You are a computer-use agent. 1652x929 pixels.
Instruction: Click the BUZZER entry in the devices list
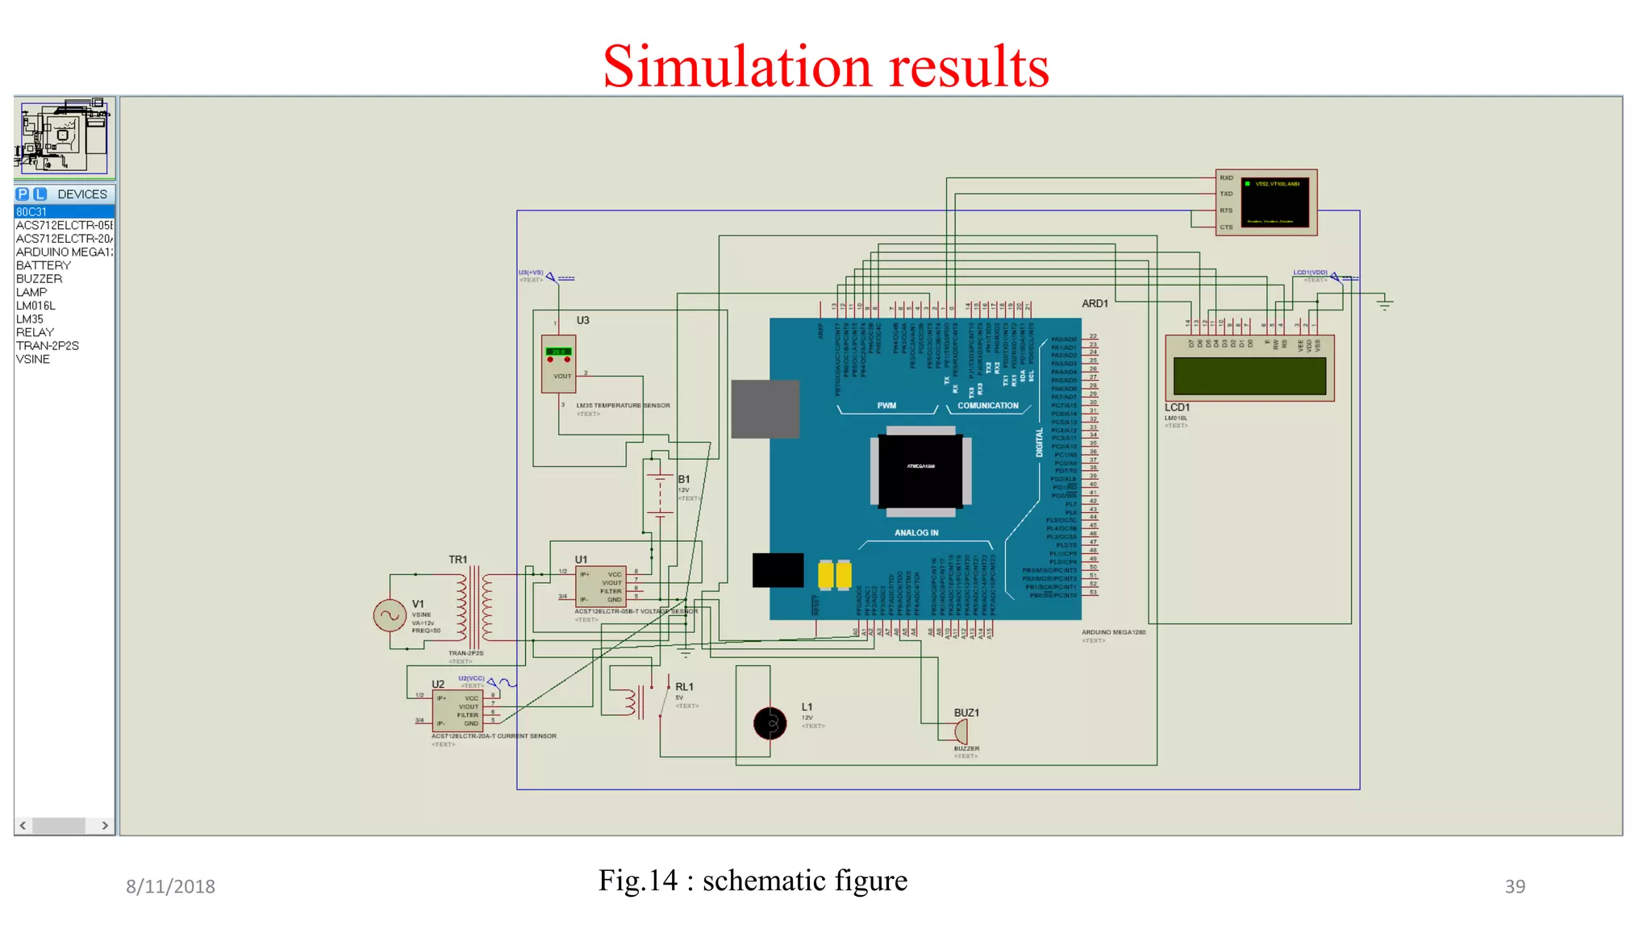click(39, 279)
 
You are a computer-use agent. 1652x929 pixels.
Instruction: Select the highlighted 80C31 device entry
click(32, 212)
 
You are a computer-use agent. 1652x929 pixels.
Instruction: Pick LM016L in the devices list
click(35, 306)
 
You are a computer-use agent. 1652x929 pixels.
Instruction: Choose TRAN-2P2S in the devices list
click(48, 346)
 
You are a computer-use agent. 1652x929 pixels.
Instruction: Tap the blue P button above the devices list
click(23, 194)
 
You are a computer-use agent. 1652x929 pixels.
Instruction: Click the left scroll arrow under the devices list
click(23, 825)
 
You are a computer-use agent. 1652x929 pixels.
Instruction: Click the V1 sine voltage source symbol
click(390, 615)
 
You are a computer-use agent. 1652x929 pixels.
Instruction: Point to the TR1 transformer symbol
click(474, 606)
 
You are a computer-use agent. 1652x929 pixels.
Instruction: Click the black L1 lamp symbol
click(770, 723)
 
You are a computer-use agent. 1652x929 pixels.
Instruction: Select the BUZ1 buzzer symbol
click(960, 731)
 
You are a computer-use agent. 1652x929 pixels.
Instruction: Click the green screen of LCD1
click(1249, 376)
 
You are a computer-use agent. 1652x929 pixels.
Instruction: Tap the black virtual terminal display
click(1274, 202)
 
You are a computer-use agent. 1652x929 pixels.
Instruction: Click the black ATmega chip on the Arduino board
click(920, 470)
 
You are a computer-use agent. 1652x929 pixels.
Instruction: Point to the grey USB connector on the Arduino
click(765, 409)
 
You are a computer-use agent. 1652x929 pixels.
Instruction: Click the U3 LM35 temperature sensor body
click(558, 364)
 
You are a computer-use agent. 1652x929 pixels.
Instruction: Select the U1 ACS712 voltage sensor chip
click(601, 586)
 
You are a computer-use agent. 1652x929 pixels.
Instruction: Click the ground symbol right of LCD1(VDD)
click(1385, 303)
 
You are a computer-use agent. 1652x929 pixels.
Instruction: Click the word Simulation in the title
click(736, 66)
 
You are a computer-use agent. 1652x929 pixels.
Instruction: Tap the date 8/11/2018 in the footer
click(170, 886)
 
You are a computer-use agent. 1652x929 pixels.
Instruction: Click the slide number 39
click(1514, 886)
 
